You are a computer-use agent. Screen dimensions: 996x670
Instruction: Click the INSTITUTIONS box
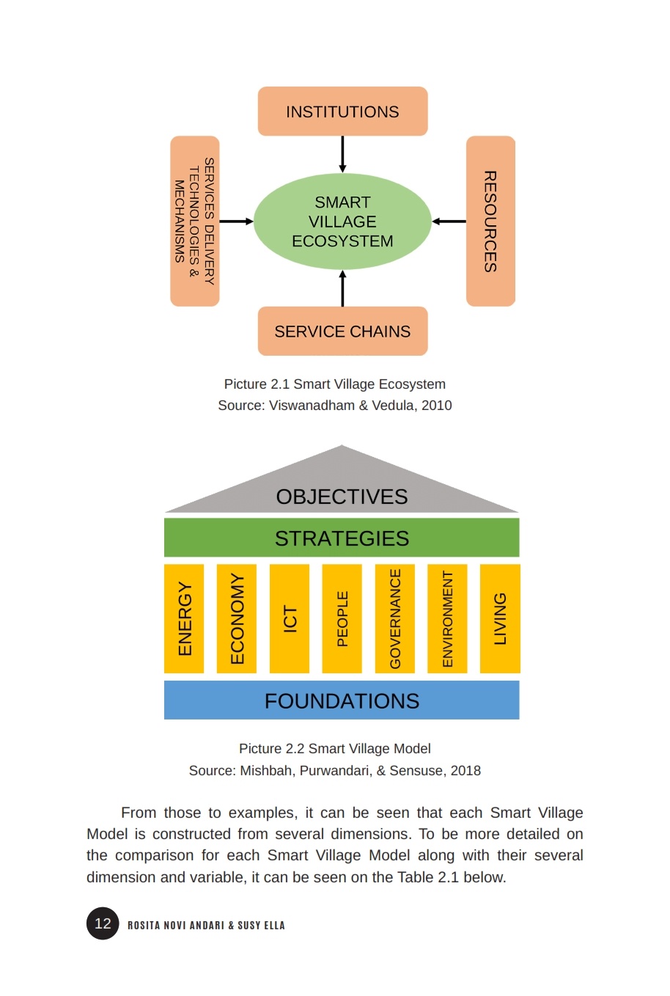(x=342, y=111)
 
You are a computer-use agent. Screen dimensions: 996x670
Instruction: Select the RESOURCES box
(x=490, y=221)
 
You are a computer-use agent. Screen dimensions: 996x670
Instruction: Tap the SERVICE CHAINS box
(x=342, y=331)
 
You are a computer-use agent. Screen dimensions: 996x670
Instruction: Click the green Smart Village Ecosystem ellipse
(x=342, y=221)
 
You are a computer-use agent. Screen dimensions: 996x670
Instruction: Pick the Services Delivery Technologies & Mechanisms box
(x=195, y=221)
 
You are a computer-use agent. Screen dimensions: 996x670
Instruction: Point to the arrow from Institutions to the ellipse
(x=342, y=154)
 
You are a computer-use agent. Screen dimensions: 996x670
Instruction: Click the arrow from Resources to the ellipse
(x=449, y=221)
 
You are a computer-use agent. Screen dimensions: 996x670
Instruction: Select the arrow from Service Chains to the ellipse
(x=342, y=288)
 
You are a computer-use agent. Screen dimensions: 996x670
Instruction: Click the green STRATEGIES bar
(x=342, y=538)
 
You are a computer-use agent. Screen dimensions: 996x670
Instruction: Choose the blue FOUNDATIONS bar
(x=342, y=700)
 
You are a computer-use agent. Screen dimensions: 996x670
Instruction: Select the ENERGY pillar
(x=184, y=618)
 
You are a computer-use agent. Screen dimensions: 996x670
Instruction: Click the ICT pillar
(x=290, y=618)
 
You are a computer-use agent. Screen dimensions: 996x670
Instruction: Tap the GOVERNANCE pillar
(x=395, y=618)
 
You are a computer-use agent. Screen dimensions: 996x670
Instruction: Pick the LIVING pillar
(x=500, y=618)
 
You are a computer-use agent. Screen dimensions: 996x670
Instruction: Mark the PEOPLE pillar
(x=342, y=618)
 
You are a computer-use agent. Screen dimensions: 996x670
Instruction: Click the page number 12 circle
(x=103, y=923)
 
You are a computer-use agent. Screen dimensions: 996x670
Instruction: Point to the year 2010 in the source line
(x=436, y=405)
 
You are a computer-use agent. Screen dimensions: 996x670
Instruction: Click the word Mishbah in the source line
(x=263, y=770)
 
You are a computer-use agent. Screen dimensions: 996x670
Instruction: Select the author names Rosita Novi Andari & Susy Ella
(x=206, y=925)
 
